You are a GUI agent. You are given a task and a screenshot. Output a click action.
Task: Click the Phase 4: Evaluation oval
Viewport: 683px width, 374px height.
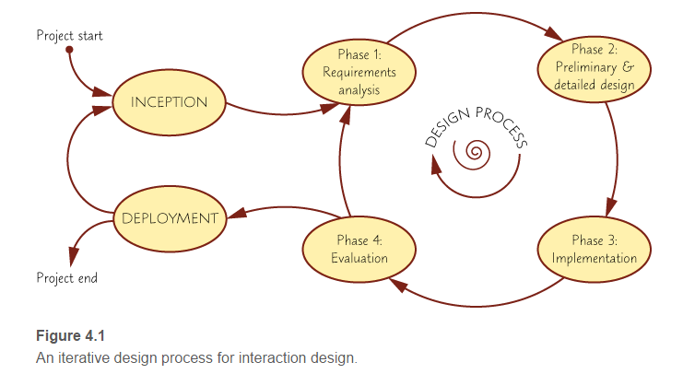coord(359,250)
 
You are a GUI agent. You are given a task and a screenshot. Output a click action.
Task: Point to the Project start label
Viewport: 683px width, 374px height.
coord(69,36)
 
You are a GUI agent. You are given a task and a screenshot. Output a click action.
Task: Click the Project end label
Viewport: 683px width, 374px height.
coord(66,277)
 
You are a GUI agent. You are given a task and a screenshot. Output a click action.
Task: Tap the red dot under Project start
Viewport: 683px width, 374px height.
coord(69,51)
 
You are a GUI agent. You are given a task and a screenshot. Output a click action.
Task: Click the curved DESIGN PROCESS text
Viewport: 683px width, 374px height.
coord(476,125)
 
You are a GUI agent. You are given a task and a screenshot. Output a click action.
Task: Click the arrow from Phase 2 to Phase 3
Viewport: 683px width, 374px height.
coord(616,157)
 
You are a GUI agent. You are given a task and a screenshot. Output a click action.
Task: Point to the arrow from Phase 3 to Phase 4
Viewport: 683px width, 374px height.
coord(479,300)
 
